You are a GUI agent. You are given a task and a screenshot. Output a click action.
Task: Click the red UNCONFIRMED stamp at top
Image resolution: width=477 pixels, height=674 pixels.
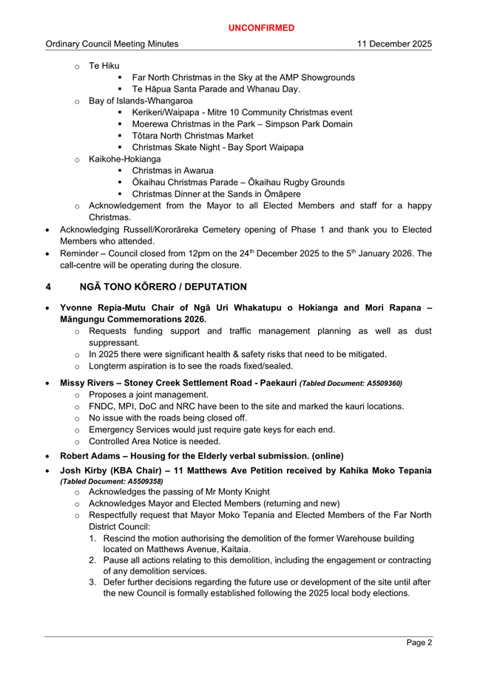(261, 27)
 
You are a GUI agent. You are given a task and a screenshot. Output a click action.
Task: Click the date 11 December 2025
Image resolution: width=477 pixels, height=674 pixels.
(394, 44)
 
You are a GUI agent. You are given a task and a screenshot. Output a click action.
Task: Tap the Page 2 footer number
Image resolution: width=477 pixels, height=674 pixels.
(419, 642)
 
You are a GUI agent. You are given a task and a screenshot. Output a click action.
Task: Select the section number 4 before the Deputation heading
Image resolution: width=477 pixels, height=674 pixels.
(48, 286)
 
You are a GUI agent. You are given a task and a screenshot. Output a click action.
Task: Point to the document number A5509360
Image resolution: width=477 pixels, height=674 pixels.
(380, 384)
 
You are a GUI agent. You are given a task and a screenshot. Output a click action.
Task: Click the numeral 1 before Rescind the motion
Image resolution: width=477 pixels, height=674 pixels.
(93, 538)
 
